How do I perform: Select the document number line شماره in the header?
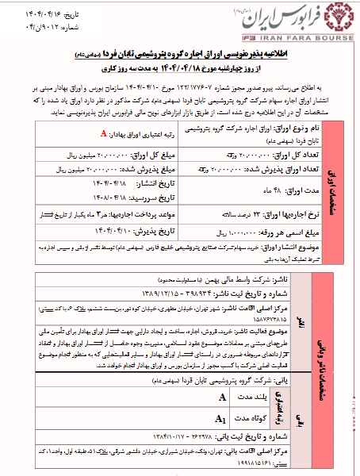29,23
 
